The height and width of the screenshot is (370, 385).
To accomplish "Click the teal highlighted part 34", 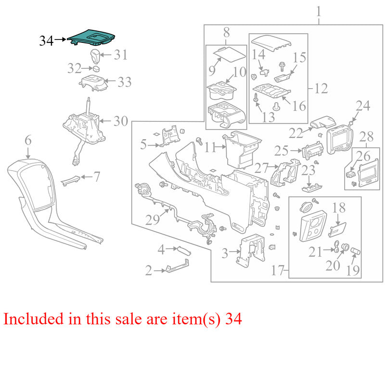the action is coord(91,38).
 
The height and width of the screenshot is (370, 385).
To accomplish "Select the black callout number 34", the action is coord(46,40).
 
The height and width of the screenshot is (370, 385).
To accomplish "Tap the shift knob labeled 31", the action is coord(95,56).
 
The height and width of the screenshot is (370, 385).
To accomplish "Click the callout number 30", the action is coord(121,121).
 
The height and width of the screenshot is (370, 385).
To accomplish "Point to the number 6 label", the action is coord(28,140).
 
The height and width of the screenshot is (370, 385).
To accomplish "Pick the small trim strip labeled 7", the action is coord(70,181).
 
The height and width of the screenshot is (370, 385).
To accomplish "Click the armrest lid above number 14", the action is coord(272,43).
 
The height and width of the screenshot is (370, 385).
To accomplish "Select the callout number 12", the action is coord(321,89).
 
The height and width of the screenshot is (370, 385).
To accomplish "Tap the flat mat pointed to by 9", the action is coord(229,53).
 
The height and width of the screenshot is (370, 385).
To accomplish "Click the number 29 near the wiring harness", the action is coord(152,220).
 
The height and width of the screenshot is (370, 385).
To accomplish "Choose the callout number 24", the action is coord(363,106).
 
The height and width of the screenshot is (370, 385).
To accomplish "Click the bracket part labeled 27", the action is coord(285,172).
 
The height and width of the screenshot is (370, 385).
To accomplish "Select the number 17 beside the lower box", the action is coord(278,270).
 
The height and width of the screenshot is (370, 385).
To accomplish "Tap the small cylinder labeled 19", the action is coord(355,251).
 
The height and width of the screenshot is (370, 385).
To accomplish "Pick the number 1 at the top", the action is coord(319,12).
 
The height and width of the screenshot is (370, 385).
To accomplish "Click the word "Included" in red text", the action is coord(34,319).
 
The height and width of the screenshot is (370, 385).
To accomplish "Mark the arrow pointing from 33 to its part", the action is coord(110,80).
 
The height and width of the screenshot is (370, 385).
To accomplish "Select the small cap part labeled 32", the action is coord(96,68).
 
